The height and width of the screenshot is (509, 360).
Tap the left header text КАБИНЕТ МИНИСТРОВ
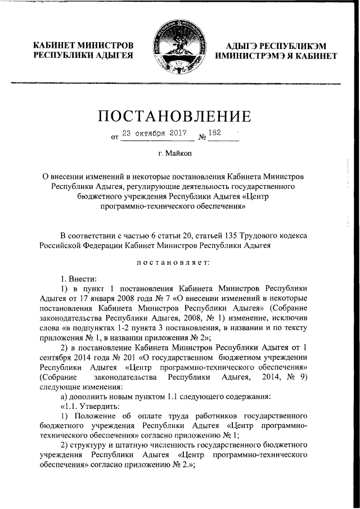click(x=84, y=45)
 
